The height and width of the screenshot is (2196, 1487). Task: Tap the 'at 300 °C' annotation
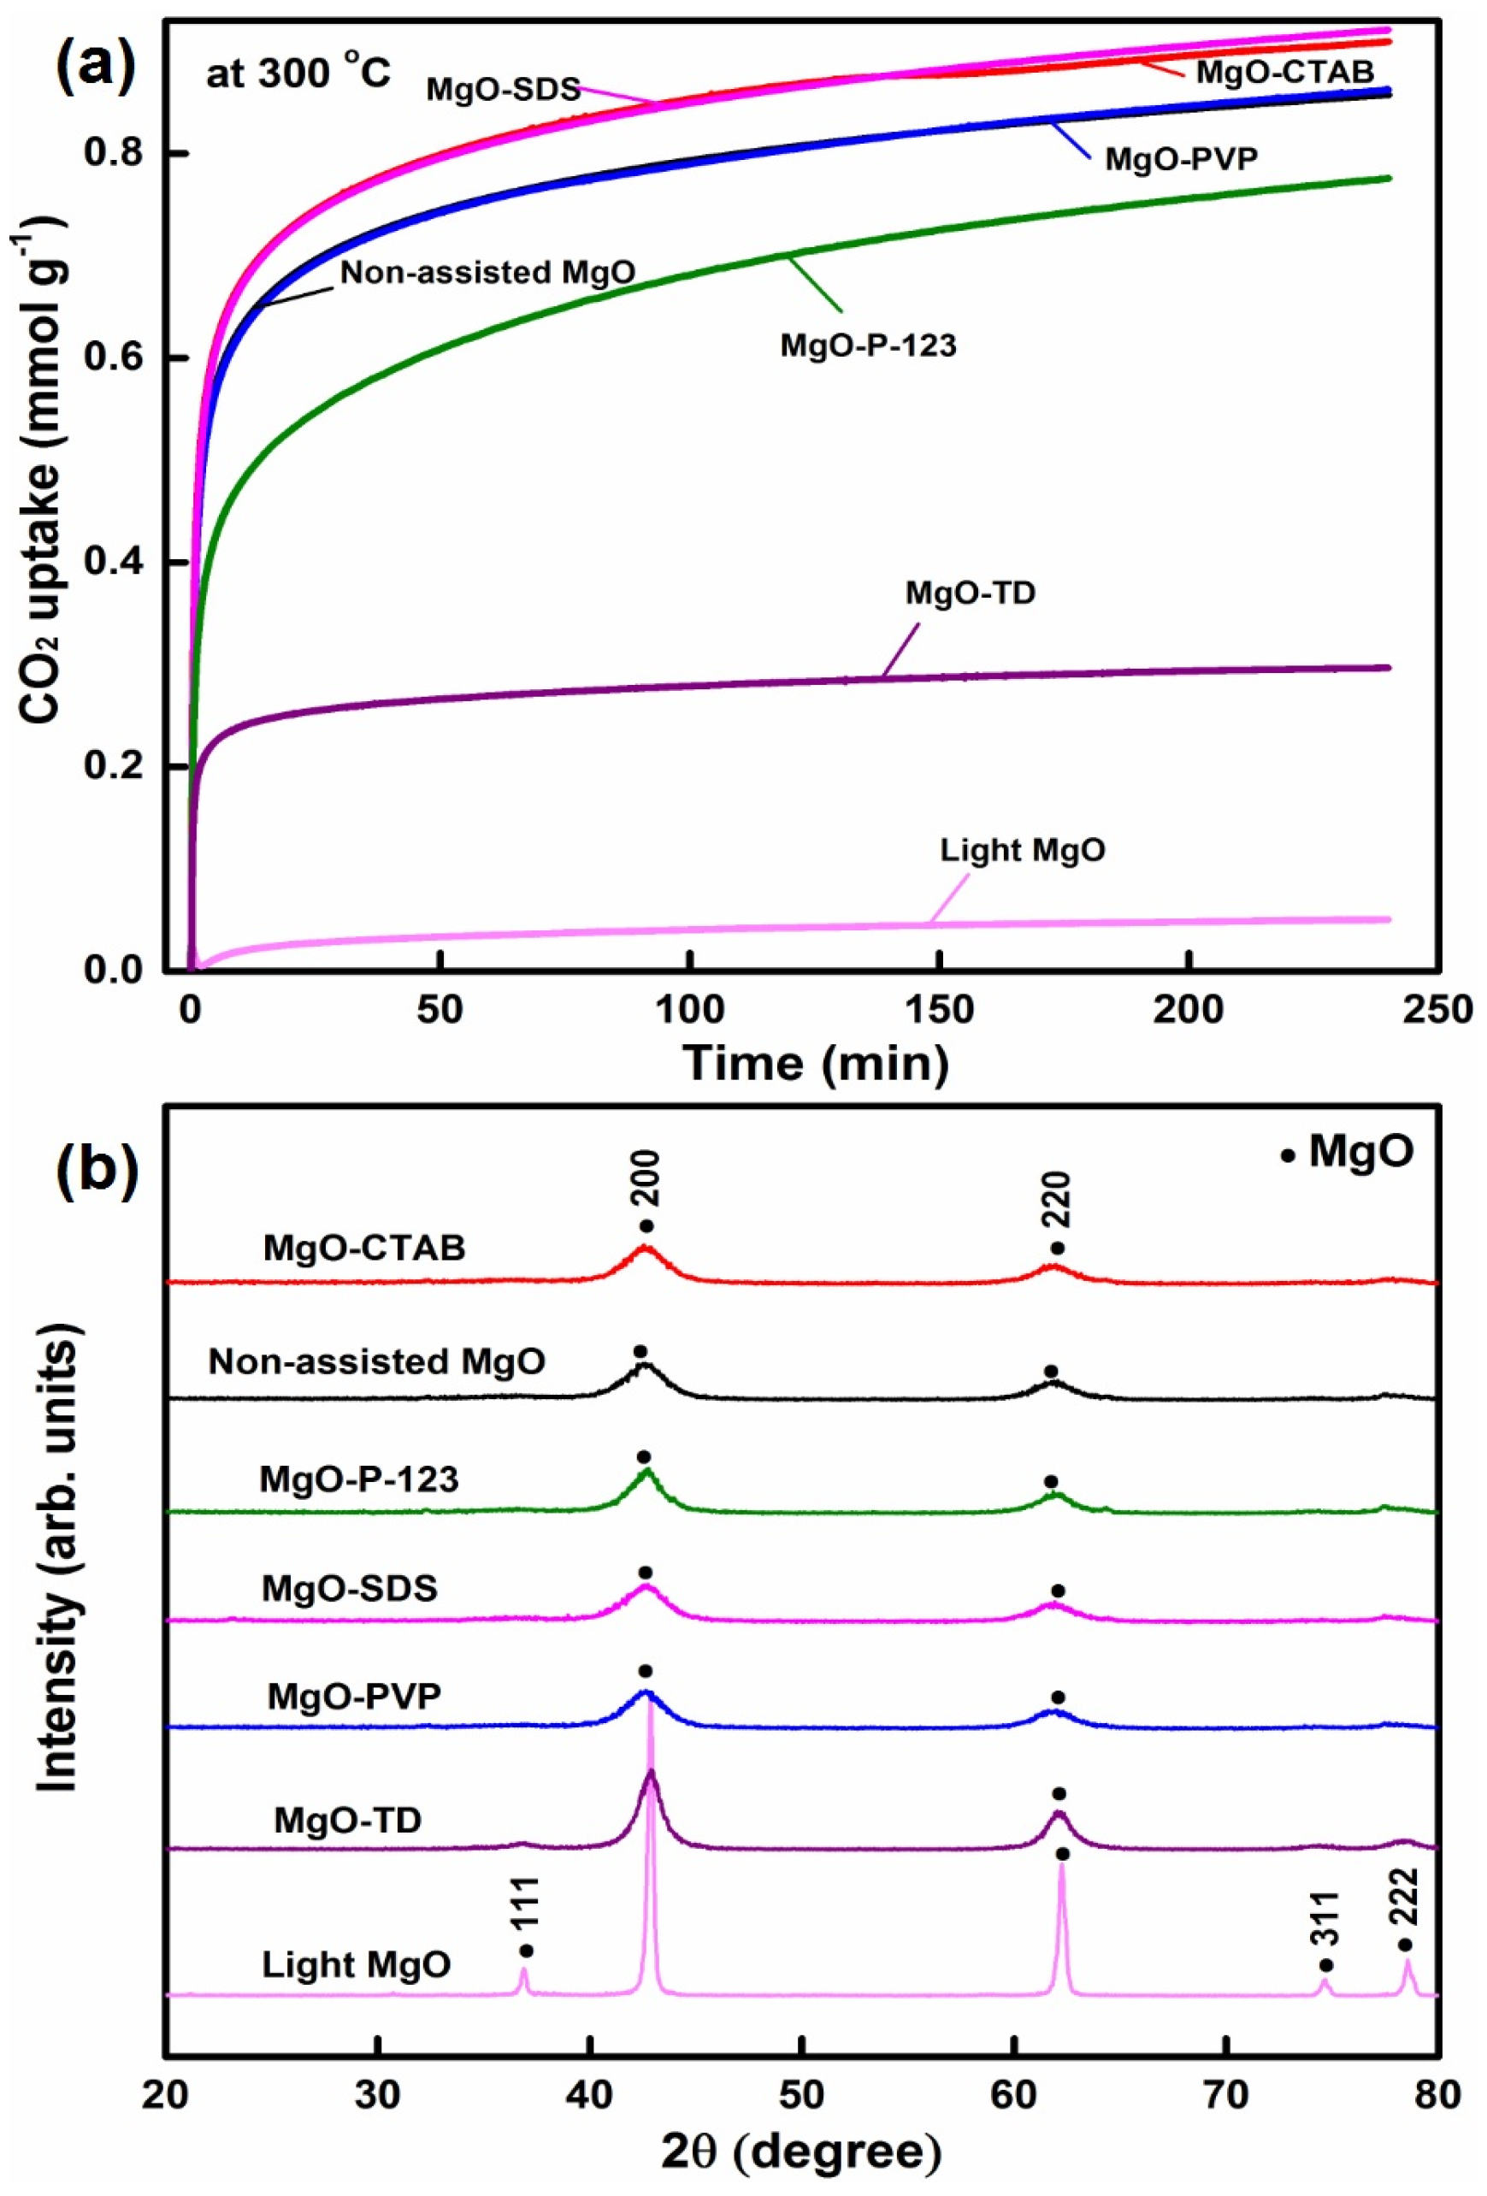pyautogui.click(x=298, y=73)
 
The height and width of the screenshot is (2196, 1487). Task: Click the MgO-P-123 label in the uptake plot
pyautogui.click(x=867, y=345)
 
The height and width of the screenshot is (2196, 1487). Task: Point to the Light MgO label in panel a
pyautogui.click(x=1022, y=850)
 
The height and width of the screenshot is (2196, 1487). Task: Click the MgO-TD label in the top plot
pyautogui.click(x=971, y=593)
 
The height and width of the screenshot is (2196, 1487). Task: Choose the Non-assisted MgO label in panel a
pyautogui.click(x=487, y=273)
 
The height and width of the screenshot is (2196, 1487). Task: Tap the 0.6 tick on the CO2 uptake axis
pyautogui.click(x=111, y=358)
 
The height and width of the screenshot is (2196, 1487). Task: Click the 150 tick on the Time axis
pyautogui.click(x=940, y=1009)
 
